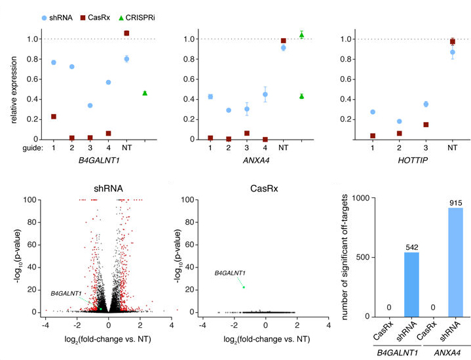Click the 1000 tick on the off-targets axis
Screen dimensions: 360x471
point(351,197)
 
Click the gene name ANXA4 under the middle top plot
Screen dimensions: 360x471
point(255,160)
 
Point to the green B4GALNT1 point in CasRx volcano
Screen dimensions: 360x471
point(244,287)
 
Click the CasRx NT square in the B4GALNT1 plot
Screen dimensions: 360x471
point(126,33)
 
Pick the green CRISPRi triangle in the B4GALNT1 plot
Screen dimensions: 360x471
point(145,93)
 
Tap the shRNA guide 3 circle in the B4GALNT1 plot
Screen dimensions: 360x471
point(90,106)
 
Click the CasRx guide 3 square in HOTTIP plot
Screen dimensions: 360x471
point(426,125)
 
